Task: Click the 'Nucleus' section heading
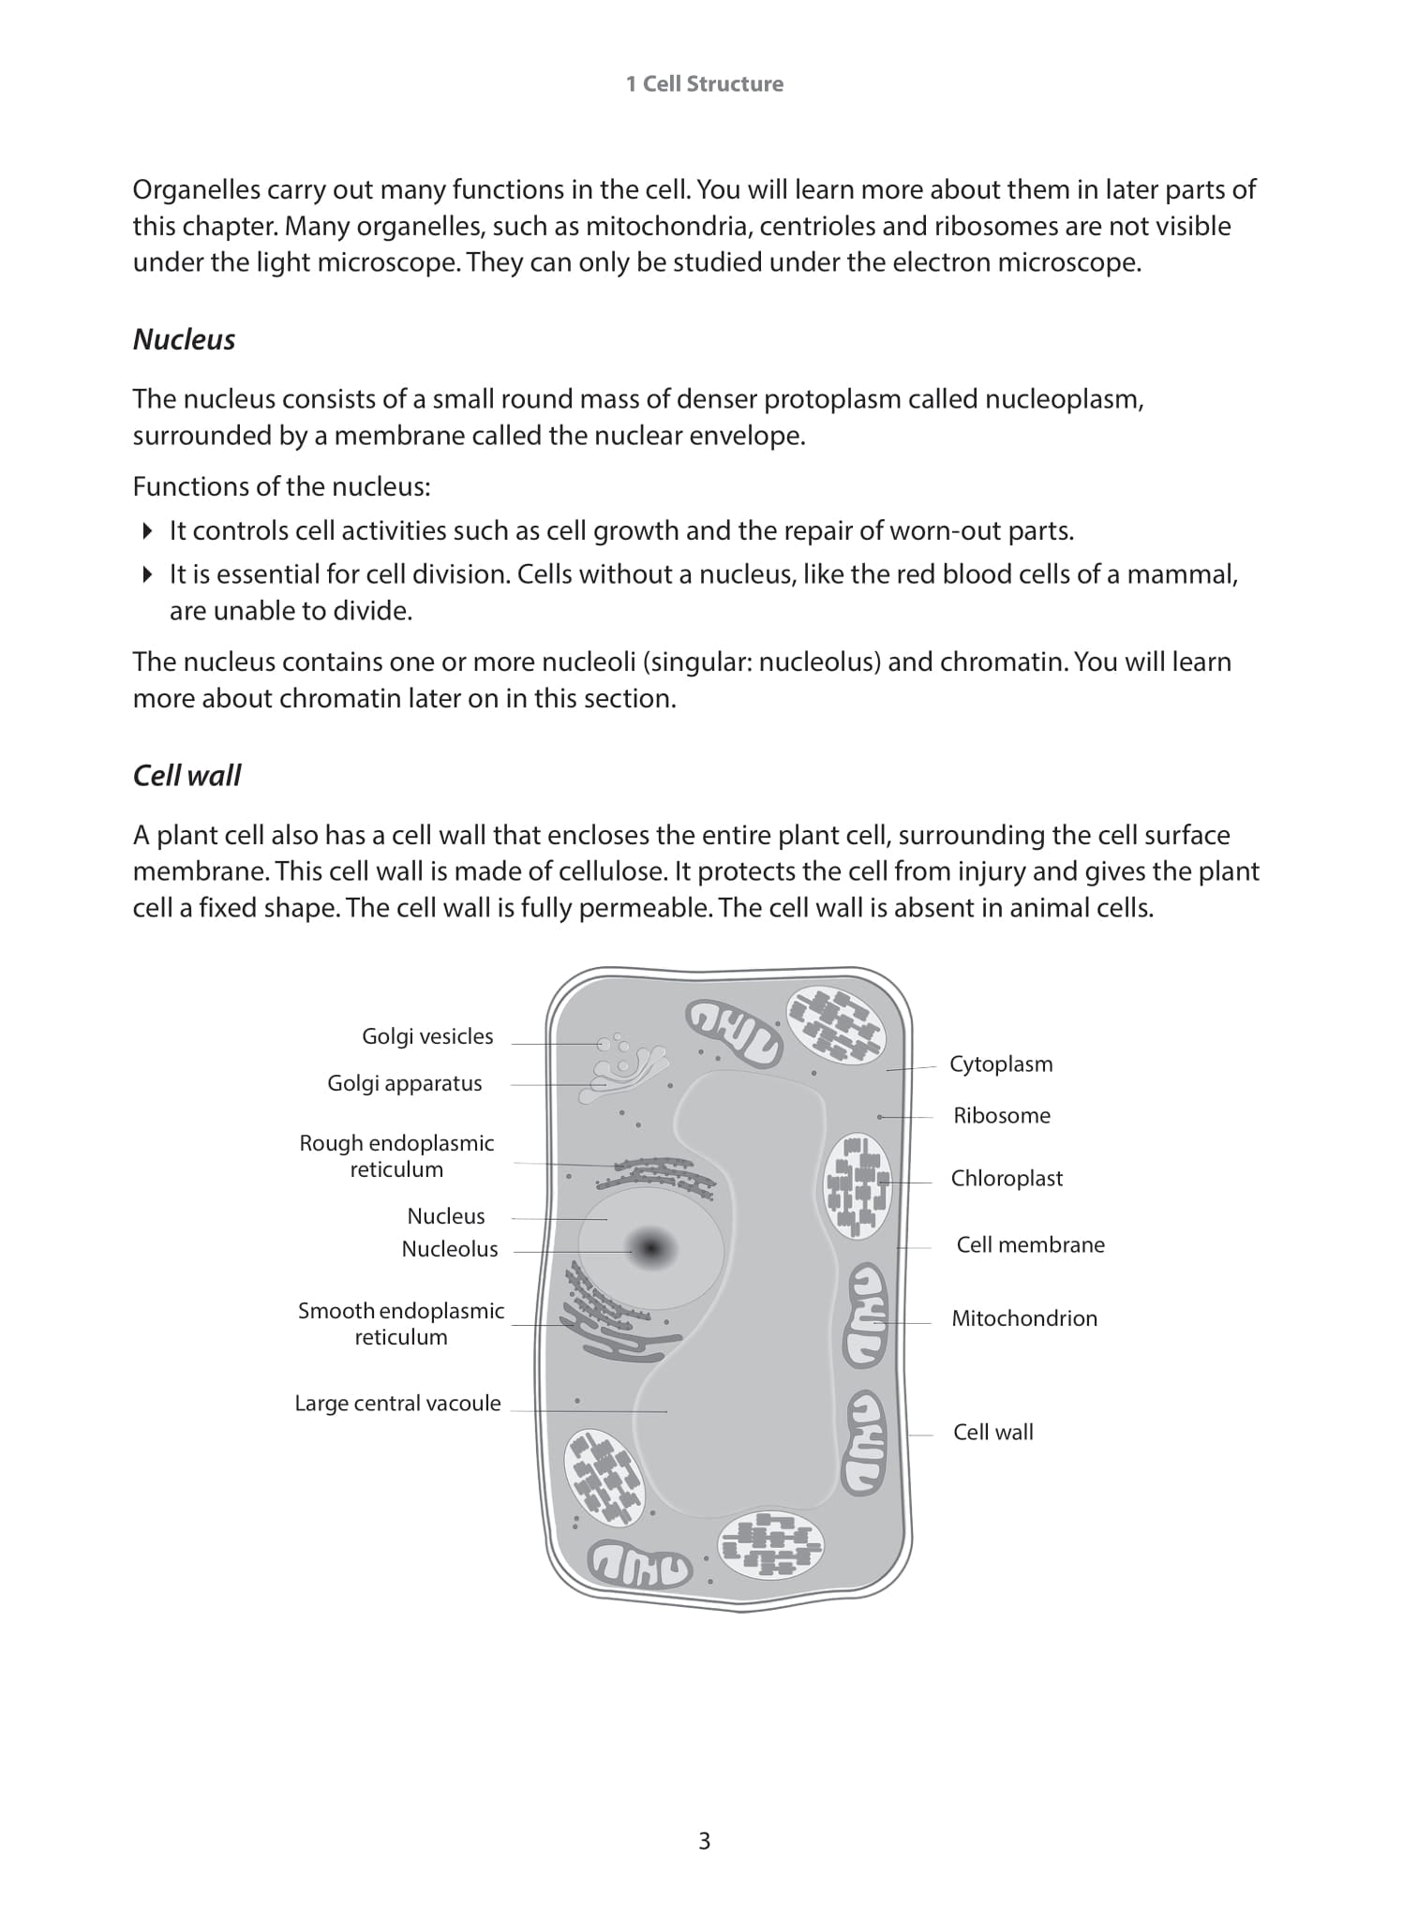click(184, 339)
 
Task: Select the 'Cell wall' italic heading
click(187, 775)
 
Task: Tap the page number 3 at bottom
click(704, 1840)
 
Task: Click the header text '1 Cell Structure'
click(704, 83)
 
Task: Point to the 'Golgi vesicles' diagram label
click(427, 1036)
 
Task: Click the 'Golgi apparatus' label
click(404, 1083)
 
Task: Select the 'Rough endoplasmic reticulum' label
click(396, 1156)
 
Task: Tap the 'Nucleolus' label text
click(450, 1249)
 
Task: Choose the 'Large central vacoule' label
click(397, 1404)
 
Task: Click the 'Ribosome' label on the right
click(1001, 1116)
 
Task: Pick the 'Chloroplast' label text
click(1007, 1179)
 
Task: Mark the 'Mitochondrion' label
click(1023, 1318)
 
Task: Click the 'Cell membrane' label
click(1030, 1245)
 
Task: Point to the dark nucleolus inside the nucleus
click(650, 1249)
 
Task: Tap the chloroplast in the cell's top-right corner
click(834, 1026)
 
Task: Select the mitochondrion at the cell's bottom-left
click(639, 1565)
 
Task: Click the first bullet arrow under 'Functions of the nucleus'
click(147, 531)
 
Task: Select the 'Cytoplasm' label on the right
click(1000, 1064)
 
